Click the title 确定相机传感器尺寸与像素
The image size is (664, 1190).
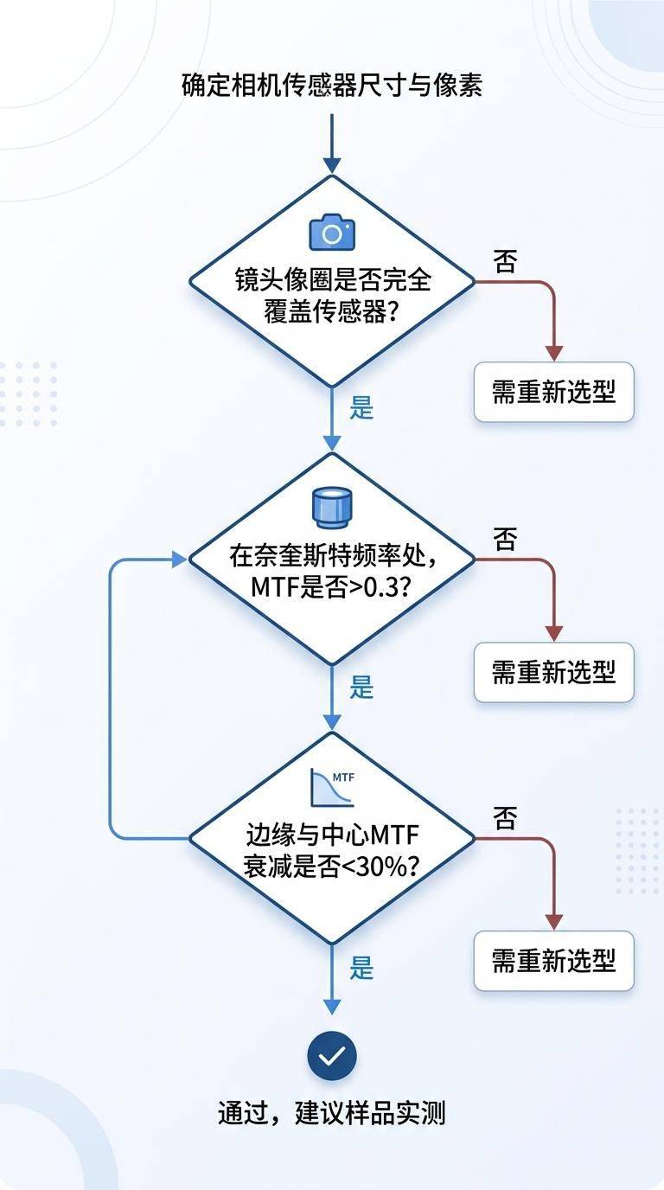point(332,86)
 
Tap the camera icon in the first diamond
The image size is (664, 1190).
point(332,233)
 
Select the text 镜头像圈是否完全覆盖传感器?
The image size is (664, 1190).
point(332,296)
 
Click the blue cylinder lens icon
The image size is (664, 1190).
point(332,508)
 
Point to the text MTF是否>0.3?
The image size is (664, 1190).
point(332,586)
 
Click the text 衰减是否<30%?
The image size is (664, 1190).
point(332,866)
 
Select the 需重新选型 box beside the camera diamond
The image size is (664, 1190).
point(553,392)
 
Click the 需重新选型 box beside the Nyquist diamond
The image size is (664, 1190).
point(553,671)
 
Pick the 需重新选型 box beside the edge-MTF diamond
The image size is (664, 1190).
point(553,960)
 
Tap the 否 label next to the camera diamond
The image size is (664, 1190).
point(505,262)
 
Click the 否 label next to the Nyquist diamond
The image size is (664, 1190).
point(505,541)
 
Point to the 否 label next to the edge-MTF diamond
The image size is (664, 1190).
point(505,818)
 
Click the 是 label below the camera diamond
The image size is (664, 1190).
point(361,407)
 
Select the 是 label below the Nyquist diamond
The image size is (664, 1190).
point(361,688)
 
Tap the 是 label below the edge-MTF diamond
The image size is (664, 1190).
point(361,968)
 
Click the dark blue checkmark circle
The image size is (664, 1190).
point(332,1056)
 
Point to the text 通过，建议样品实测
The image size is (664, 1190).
point(332,1112)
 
